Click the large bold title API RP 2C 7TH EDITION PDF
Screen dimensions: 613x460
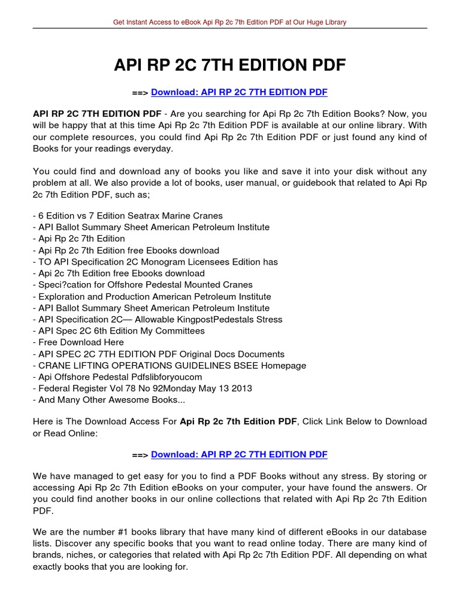click(x=230, y=65)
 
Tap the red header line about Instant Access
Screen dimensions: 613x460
click(x=230, y=22)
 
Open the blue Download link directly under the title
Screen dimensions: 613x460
click(x=239, y=93)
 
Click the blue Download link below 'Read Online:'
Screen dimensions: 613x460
click(x=239, y=454)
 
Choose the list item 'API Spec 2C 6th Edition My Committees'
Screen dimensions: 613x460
click(x=119, y=331)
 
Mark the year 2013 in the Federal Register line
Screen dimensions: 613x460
click(x=240, y=389)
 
